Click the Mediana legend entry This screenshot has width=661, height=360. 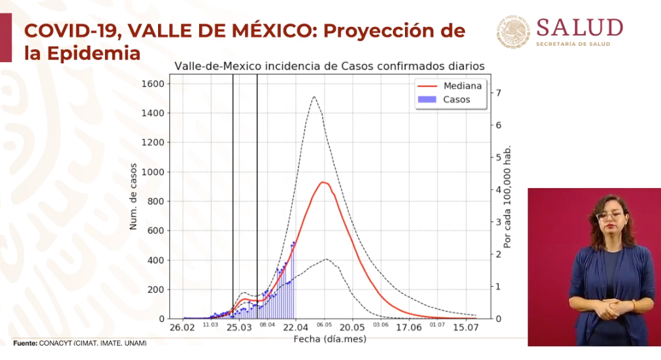(462, 86)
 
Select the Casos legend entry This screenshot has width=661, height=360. (456, 100)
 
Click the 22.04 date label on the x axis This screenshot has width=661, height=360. (296, 329)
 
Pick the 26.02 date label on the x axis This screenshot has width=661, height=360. (183, 329)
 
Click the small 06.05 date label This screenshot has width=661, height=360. (324, 325)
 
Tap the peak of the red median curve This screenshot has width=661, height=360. (323, 182)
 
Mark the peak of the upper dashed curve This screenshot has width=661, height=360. (314, 97)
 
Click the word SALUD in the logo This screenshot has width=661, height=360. (579, 28)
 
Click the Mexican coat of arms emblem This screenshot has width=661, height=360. (513, 32)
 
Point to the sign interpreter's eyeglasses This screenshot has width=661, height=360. (609, 215)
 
